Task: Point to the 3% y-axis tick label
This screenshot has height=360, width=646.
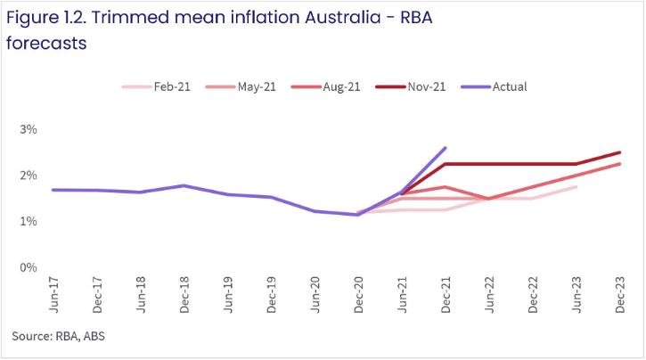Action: [x=28, y=130]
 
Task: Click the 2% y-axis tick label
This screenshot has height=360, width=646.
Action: [x=28, y=176]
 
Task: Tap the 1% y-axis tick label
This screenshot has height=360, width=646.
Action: [x=28, y=222]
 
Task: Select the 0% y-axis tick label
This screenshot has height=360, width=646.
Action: [x=28, y=267]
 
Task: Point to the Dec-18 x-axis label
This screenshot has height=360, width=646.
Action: [x=184, y=297]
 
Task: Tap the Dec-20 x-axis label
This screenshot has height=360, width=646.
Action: [x=358, y=297]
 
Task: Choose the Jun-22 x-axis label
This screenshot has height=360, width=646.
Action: [x=489, y=297]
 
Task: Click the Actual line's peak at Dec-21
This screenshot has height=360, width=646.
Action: [x=445, y=148]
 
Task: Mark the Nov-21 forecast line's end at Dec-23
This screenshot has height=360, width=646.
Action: [x=619, y=152]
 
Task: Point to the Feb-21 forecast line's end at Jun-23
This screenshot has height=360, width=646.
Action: [x=576, y=187]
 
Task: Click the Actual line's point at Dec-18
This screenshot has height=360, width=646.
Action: [x=184, y=185]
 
